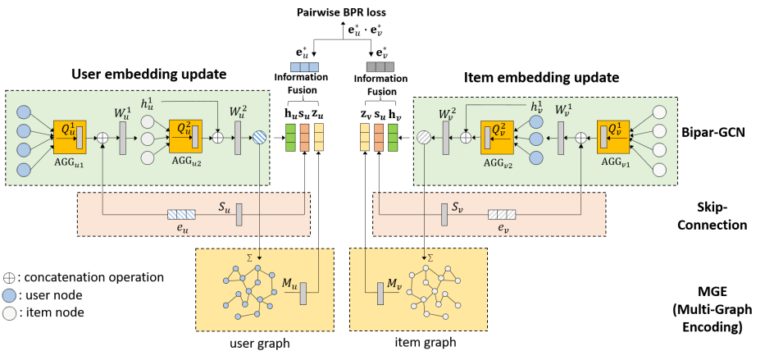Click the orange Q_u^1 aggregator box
pos(70,137)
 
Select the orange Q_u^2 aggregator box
pos(185,136)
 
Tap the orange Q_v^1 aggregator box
pos(613,137)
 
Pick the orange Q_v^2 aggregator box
pos(497,137)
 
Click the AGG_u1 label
pos(69,162)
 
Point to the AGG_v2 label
pos(498,163)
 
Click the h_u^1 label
pos(148,103)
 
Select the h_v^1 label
pos(537,107)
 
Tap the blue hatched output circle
pos(259,138)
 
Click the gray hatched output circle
pos(424,138)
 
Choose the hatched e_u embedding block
pos(181,214)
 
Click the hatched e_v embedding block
pos(502,214)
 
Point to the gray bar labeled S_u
pos(239,214)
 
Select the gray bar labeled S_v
pos(444,214)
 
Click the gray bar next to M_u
pos(303,294)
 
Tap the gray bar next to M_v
pos(380,294)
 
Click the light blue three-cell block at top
pos(304,67)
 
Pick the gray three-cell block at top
pos(380,67)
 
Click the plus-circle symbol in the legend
pos(9,278)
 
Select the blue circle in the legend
pos(9,295)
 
